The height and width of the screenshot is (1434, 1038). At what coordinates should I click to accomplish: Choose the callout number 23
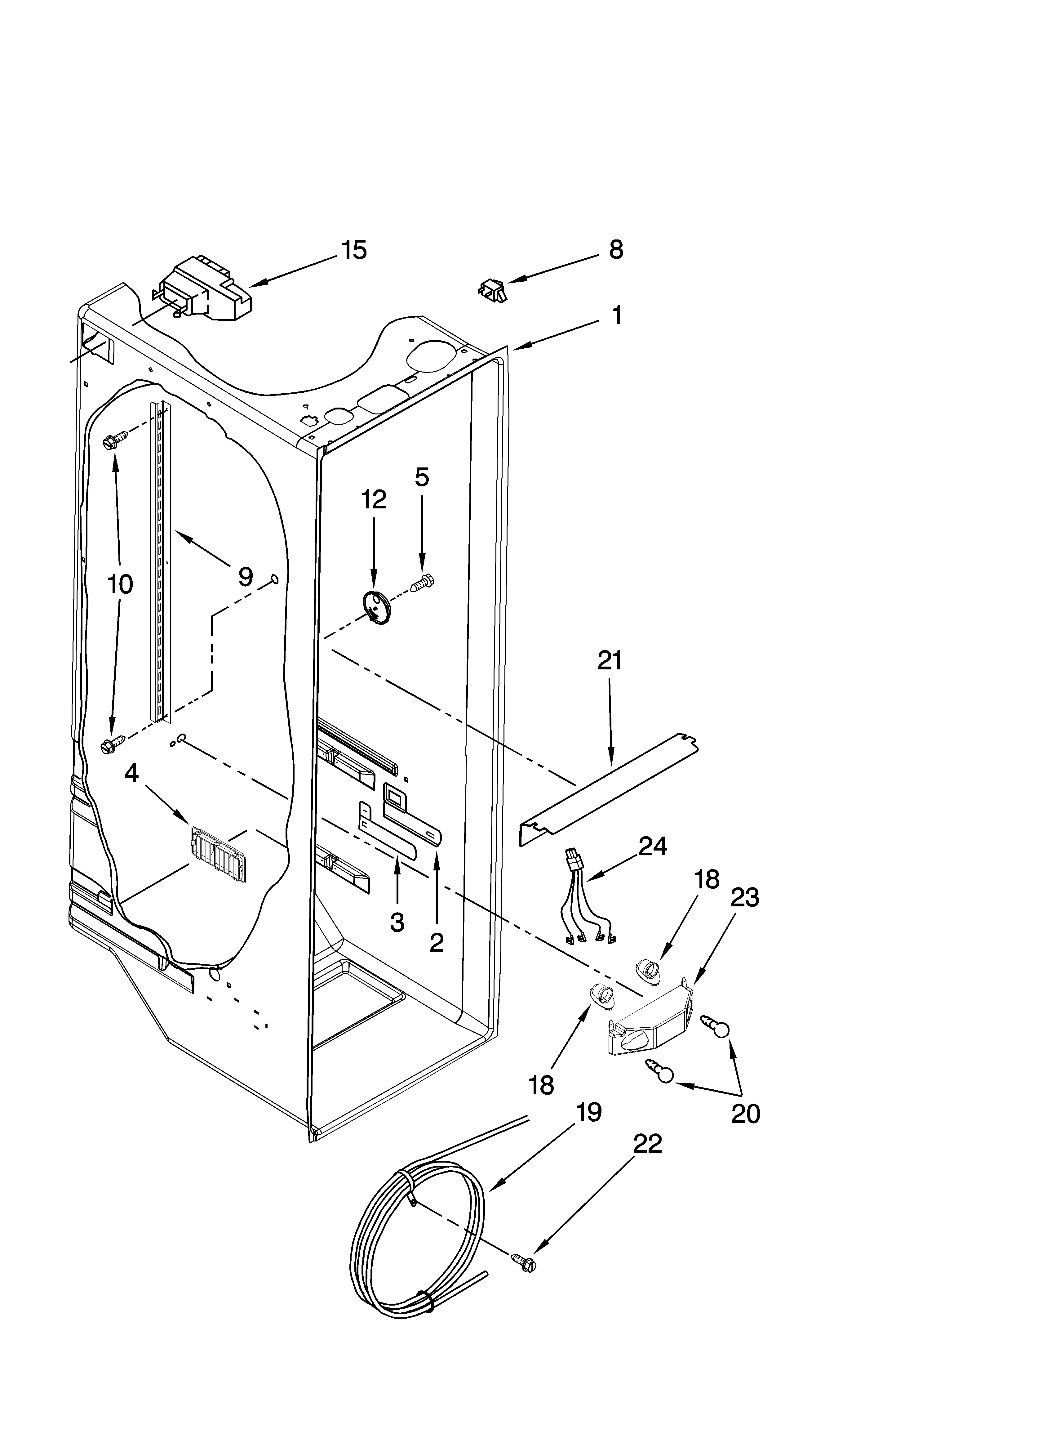745,897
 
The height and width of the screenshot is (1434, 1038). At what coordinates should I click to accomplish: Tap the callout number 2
436,960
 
